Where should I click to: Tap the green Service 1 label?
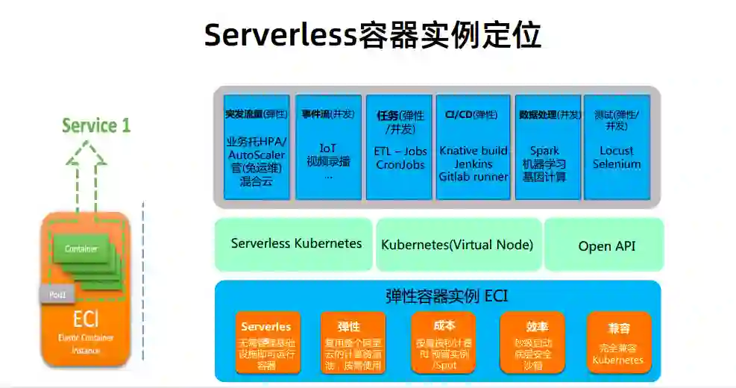[x=95, y=125]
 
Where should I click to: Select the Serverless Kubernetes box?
[x=296, y=244]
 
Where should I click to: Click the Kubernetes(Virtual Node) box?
[x=457, y=245]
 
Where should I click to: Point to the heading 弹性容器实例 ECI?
[x=437, y=296]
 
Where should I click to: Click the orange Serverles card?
[x=267, y=342]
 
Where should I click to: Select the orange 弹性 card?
[x=353, y=342]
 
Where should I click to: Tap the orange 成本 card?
[x=443, y=342]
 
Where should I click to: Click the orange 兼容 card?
[x=618, y=342]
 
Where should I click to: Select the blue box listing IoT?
[x=328, y=147]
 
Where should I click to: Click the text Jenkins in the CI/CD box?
[x=474, y=163]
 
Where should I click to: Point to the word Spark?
[x=544, y=151]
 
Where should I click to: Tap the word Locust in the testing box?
[x=616, y=151]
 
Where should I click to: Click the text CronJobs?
[x=400, y=164]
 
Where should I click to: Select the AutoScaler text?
[x=256, y=154]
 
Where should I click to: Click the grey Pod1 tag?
[x=57, y=295]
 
